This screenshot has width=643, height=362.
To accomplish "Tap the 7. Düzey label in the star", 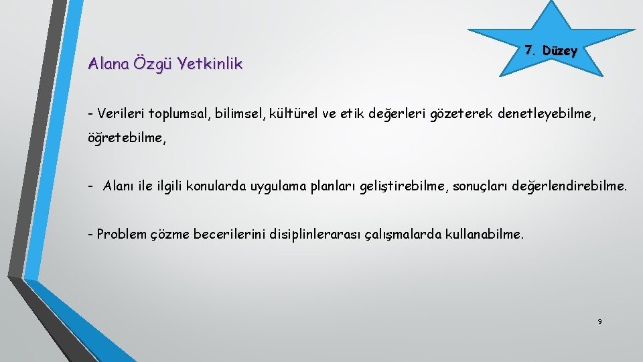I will [551, 51].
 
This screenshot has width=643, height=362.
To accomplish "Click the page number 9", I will [599, 322].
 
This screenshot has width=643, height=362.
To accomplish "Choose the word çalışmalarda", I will [407, 235].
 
